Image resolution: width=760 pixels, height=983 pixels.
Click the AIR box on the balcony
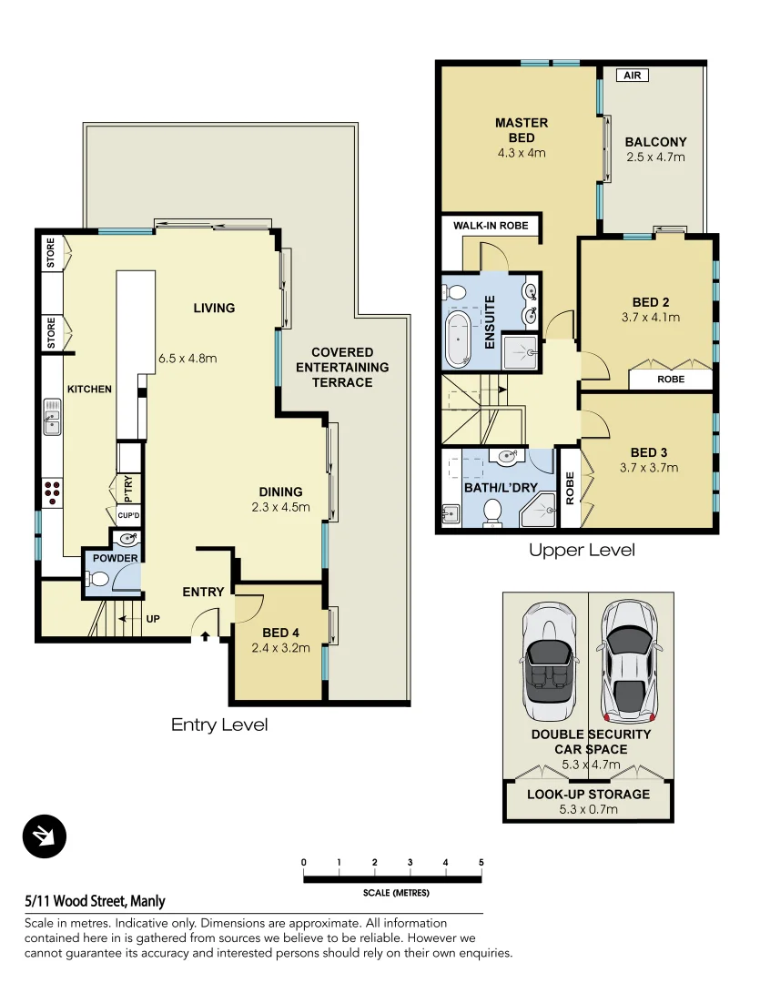click(633, 76)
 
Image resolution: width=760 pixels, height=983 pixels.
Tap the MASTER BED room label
click(522, 130)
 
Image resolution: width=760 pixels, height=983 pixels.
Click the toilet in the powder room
click(96, 579)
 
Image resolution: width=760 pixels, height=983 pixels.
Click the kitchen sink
click(53, 421)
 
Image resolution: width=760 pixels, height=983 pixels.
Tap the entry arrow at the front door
click(205, 637)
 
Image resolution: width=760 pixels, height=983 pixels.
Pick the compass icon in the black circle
click(45, 836)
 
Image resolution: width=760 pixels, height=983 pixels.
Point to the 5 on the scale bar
click(481, 862)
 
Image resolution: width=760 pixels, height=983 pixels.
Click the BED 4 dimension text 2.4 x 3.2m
click(280, 648)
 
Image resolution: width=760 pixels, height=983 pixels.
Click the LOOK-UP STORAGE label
click(588, 794)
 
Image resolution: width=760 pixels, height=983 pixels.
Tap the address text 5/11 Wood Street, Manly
click(96, 901)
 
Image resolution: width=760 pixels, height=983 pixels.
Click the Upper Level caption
click(582, 550)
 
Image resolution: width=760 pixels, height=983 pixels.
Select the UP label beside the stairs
click(153, 618)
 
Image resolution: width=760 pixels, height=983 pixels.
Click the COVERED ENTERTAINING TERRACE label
click(342, 367)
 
